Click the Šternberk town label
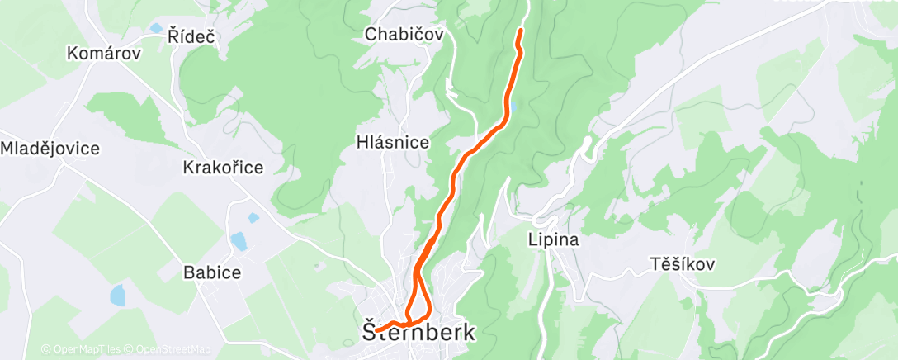coord(420,333)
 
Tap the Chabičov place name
coord(404,35)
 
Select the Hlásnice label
coord(393,142)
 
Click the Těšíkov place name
coord(681,264)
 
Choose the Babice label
coord(212,272)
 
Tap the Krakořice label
coord(223,168)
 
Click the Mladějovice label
coord(50,149)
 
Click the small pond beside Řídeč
coord(156,28)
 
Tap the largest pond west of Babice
coord(118,295)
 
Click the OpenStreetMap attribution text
coord(173,349)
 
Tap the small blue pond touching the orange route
coord(514,106)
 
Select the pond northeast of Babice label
coord(239,241)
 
